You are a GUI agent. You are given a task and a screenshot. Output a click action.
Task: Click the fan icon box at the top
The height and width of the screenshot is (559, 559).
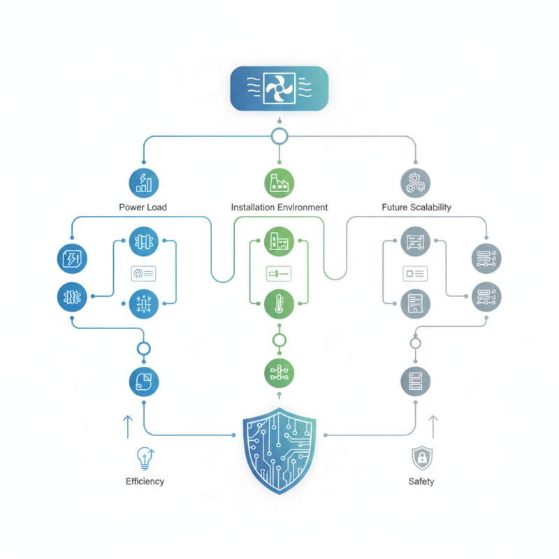click(279, 88)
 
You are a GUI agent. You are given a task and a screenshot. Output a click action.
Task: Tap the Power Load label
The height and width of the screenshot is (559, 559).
click(143, 208)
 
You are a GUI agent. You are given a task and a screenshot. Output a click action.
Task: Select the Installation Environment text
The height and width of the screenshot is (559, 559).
click(279, 208)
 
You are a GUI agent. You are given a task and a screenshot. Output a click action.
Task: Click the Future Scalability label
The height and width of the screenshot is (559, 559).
click(416, 208)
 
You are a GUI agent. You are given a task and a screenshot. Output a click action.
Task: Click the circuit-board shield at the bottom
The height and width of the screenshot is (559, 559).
click(279, 451)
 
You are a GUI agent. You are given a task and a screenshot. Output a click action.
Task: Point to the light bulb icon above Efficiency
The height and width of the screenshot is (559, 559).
click(145, 457)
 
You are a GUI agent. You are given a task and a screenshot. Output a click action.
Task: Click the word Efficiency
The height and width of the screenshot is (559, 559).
click(145, 481)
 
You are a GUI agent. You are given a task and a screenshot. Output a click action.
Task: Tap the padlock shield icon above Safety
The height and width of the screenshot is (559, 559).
click(421, 458)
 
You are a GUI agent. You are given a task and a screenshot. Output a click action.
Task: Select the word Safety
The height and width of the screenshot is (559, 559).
click(421, 481)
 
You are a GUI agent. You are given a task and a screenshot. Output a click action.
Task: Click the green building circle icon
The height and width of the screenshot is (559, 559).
click(279, 242)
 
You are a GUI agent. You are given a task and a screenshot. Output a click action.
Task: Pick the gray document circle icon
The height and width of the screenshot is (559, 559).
click(415, 303)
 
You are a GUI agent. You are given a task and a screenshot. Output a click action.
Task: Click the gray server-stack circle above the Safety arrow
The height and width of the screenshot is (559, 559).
click(415, 381)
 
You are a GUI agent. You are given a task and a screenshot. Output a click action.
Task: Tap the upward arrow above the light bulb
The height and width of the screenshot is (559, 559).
click(127, 426)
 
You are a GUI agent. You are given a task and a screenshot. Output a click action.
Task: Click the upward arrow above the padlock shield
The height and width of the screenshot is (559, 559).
click(433, 426)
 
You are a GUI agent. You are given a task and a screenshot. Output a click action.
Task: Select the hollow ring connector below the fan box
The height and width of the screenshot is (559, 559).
click(279, 136)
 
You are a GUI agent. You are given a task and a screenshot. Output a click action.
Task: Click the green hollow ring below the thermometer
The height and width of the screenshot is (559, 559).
click(279, 340)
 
